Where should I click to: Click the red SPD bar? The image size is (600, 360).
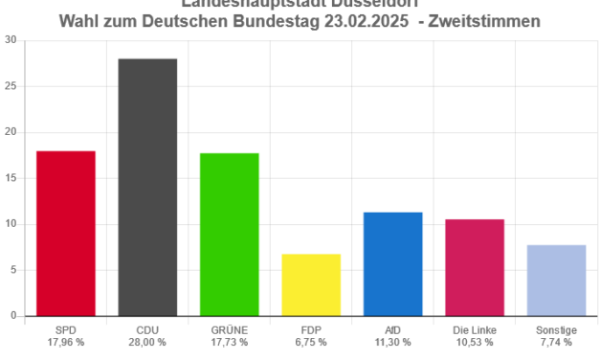click(x=65, y=233)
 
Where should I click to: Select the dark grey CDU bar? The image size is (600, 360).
click(x=147, y=186)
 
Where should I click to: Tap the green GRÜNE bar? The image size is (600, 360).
click(x=230, y=234)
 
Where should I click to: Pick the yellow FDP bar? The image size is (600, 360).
click(x=311, y=283)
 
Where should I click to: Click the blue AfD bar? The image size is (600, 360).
click(x=393, y=262)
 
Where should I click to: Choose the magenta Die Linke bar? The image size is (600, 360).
click(x=475, y=266)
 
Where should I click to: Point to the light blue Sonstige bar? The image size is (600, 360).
click(x=557, y=279)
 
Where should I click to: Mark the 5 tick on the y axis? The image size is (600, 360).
click(x=13, y=269)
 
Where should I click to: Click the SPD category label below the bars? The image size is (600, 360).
click(x=65, y=329)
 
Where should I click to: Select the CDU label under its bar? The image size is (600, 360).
click(x=147, y=329)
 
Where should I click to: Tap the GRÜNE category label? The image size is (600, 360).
click(x=230, y=329)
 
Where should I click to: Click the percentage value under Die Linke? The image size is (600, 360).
click(x=475, y=342)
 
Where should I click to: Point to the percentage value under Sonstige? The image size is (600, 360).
click(x=557, y=342)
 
